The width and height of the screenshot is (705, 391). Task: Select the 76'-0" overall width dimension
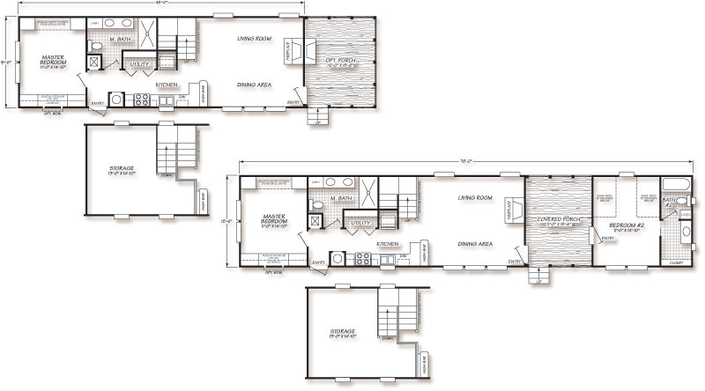(465, 160)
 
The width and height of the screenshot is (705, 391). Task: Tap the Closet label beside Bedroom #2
(675, 262)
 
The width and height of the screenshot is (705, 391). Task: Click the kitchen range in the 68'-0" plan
(140, 100)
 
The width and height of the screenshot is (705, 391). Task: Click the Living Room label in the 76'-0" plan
(474, 198)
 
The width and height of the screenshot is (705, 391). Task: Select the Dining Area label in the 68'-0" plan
(254, 85)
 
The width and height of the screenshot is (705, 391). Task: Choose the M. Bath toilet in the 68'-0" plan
(98, 46)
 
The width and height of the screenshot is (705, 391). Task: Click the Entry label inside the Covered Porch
(606, 238)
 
